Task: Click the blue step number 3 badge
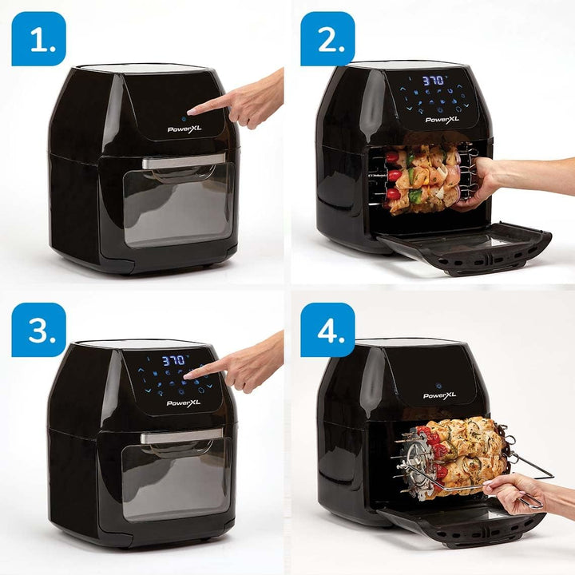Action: click(38, 330)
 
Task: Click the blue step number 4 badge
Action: click(327, 330)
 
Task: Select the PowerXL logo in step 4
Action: click(441, 395)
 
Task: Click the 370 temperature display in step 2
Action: click(433, 81)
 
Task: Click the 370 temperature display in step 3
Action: click(174, 361)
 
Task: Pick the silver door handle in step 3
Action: click(180, 436)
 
